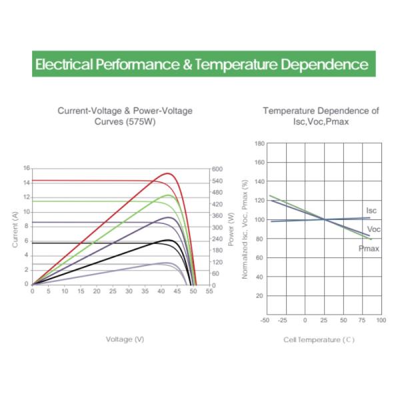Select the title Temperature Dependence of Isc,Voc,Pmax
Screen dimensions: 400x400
[x=321, y=116]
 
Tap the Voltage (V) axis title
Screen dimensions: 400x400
[x=125, y=339]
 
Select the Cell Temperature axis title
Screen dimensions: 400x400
[x=319, y=339]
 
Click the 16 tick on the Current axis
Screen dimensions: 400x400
[x=26, y=168]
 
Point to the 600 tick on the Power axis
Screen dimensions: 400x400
[x=218, y=169]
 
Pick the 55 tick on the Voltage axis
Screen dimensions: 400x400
[x=209, y=291]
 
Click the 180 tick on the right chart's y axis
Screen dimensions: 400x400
[x=260, y=143]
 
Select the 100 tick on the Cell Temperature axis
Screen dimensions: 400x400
[x=381, y=321]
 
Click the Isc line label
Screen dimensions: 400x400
[x=371, y=211]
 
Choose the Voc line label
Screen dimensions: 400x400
[x=374, y=229]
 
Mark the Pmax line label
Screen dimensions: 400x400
[x=369, y=248]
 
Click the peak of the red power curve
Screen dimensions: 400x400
[x=169, y=173]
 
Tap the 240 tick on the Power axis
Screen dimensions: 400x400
[x=218, y=239]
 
